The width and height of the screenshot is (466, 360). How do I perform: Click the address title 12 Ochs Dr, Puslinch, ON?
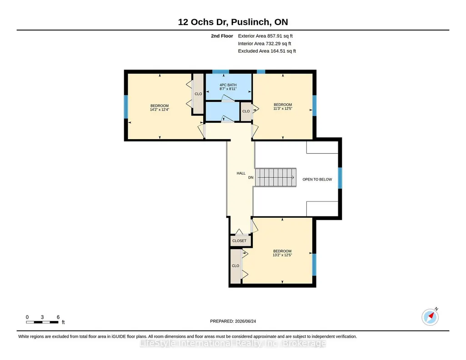point(233,22)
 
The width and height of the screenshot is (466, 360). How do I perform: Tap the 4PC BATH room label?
point(228,85)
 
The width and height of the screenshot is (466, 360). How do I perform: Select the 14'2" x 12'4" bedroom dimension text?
point(160,110)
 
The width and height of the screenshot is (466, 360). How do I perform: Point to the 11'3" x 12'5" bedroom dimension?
point(283,109)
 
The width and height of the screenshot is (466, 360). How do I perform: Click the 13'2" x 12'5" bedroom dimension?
point(282,255)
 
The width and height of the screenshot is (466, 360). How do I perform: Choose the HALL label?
point(241,173)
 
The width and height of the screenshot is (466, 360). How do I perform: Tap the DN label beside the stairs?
point(251,177)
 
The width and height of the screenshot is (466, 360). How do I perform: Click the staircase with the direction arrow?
point(276,177)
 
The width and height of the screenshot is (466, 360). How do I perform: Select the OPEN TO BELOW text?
point(317,180)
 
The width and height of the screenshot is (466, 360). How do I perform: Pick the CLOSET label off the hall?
point(239,240)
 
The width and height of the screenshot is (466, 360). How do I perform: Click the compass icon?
point(430,317)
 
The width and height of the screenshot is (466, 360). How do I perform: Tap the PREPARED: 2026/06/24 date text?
point(233,321)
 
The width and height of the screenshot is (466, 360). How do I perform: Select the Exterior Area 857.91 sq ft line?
point(265,36)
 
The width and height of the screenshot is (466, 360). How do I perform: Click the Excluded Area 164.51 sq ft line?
point(267,51)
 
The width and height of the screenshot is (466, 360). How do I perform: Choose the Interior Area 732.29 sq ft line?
point(265,43)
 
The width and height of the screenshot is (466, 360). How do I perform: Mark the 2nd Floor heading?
point(222,36)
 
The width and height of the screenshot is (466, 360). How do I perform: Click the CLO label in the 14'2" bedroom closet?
point(198,94)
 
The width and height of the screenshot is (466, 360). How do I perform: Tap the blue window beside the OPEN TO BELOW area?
point(340,178)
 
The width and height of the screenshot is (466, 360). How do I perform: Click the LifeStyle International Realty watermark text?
point(233,343)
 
